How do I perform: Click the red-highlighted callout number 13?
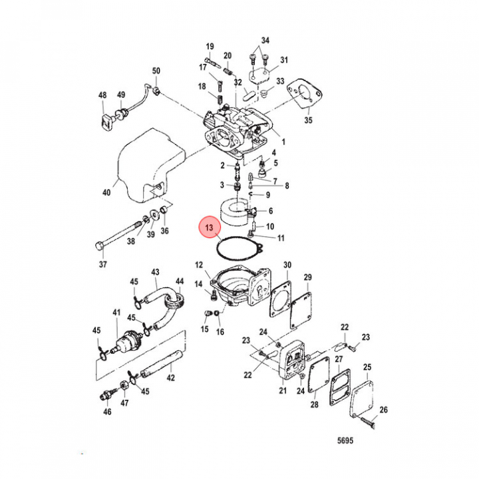[209, 230]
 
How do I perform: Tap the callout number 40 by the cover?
[106, 194]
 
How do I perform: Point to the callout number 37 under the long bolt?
[102, 265]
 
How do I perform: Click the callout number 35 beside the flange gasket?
[307, 120]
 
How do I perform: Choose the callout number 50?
[156, 71]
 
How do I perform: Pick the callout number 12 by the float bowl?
[198, 265]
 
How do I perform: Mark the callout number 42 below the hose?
[171, 379]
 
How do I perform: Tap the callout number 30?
[287, 265]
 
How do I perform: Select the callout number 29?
[307, 277]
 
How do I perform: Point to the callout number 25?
[367, 367]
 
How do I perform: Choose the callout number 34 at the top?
[265, 41]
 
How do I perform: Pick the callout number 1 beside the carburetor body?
[283, 142]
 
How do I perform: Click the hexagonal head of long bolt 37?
[100, 247]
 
